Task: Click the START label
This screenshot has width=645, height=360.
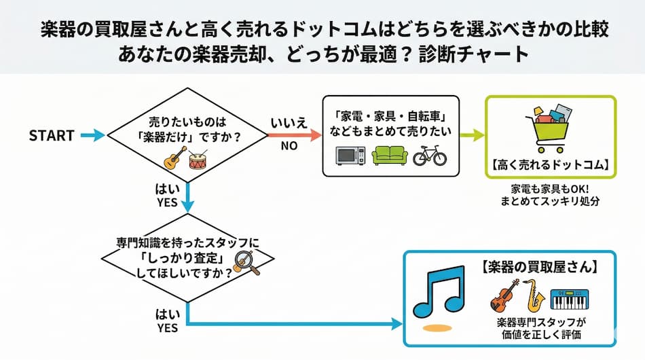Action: click(52, 136)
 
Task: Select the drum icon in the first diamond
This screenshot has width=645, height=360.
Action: click(198, 160)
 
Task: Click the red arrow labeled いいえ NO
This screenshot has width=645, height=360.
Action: click(295, 136)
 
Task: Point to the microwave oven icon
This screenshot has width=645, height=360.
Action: click(351, 156)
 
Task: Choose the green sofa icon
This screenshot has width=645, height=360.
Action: click(390, 156)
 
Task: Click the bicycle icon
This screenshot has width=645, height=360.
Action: click(430, 155)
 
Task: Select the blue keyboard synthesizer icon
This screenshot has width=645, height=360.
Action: click(569, 298)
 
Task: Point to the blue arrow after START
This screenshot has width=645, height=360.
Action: click(92, 136)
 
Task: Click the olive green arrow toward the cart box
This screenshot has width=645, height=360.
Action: click(471, 136)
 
